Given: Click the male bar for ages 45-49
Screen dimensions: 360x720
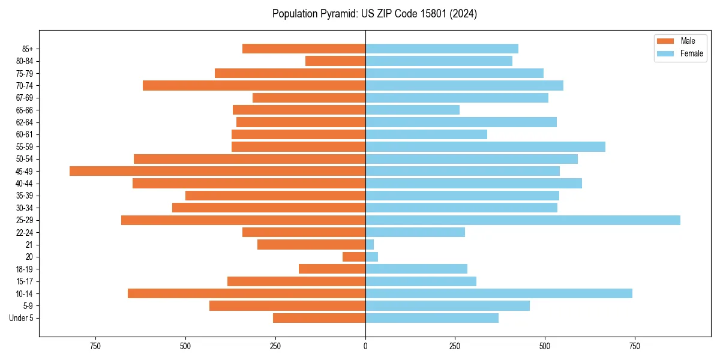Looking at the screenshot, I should (217, 171).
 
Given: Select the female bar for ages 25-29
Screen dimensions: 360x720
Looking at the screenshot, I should (523, 220).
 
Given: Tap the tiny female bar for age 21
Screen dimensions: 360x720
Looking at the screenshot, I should (370, 245).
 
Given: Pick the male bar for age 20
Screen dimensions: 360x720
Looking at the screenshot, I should (354, 257).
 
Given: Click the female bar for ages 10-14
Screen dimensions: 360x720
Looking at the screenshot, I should (499, 293).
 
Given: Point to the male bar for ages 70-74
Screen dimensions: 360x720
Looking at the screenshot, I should (254, 85).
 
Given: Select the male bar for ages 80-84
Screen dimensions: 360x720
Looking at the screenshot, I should (335, 61).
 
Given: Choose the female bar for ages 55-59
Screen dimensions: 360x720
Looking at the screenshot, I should (485, 146).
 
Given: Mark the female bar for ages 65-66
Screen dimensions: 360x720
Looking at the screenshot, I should (412, 110).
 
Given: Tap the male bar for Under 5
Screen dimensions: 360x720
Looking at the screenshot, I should (319, 318).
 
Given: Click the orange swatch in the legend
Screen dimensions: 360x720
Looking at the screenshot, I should (666, 41).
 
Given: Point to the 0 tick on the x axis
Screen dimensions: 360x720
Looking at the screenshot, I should (365, 346).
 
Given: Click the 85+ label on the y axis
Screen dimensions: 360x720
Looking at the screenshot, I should (27, 49).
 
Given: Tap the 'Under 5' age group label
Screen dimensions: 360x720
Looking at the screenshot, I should (22, 318).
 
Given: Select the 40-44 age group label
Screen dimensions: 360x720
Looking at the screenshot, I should (25, 184).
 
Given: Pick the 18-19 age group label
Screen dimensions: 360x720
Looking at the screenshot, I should (25, 269).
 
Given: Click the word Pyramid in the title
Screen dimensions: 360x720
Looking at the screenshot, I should (337, 14).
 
